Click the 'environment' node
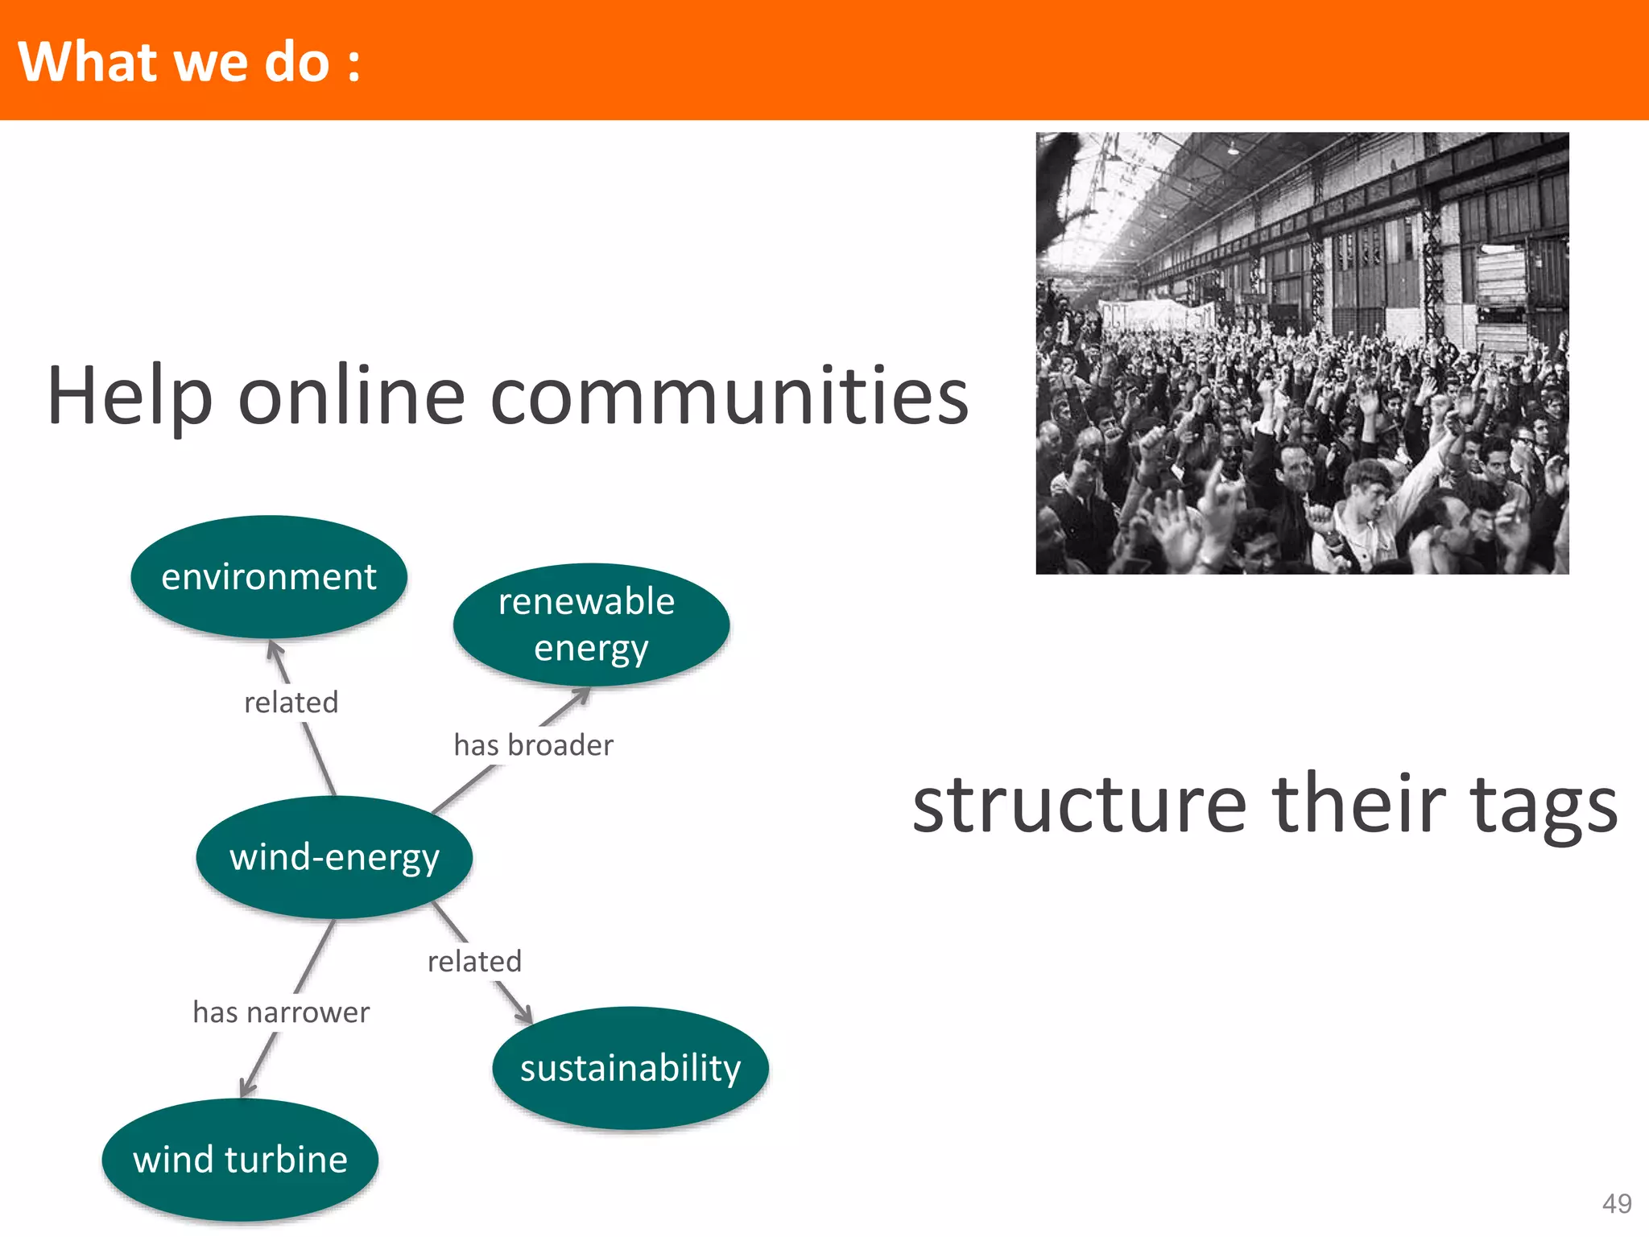[269, 576]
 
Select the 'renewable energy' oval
[591, 625]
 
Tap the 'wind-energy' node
[334, 857]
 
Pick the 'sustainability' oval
[630, 1068]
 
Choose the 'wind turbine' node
[240, 1160]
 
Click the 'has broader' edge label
[533, 745]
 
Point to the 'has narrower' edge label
[281, 1012]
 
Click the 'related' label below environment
[291, 703]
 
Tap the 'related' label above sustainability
[474, 961]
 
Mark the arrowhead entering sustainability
[524, 1015]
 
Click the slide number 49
[1617, 1203]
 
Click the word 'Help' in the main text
[129, 396]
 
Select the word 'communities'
[729, 396]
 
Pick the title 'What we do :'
[189, 61]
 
